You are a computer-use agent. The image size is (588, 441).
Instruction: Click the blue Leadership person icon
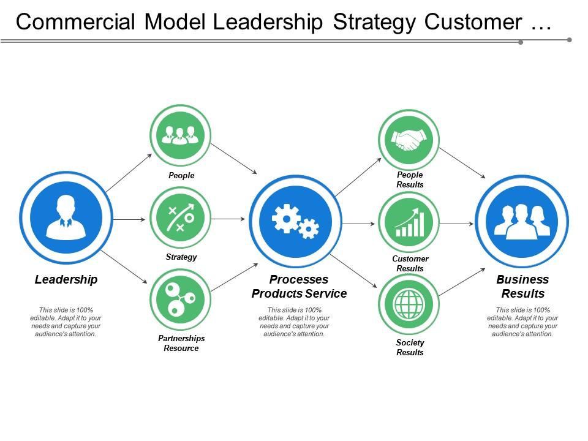pyautogui.click(x=66, y=217)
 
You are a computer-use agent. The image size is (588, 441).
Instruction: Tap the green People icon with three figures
pyautogui.click(x=180, y=135)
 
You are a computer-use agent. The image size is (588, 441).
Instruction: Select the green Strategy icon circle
pyautogui.click(x=180, y=217)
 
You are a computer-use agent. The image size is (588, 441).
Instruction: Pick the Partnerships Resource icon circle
pyautogui.click(x=180, y=298)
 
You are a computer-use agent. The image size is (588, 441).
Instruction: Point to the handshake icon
pyautogui.click(x=409, y=140)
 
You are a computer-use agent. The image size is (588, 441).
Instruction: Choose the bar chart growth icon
pyautogui.click(x=409, y=222)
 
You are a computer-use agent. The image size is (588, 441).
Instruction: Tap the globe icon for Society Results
pyautogui.click(x=409, y=304)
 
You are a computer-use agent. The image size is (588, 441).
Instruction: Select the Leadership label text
pyautogui.click(x=66, y=280)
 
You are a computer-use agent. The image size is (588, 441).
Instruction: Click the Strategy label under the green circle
pyautogui.click(x=181, y=257)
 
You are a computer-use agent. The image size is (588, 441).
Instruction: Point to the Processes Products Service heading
pyautogui.click(x=299, y=287)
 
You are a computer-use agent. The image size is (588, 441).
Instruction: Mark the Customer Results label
pyautogui.click(x=410, y=263)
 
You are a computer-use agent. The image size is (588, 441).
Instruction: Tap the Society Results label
pyautogui.click(x=410, y=347)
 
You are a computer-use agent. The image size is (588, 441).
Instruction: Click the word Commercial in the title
pyautogui.click(x=75, y=21)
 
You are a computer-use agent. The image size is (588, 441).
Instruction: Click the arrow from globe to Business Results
pyautogui.click(x=462, y=282)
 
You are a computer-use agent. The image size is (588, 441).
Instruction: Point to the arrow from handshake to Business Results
pyautogui.click(x=462, y=163)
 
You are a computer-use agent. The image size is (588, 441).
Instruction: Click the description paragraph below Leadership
pyautogui.click(x=66, y=322)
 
